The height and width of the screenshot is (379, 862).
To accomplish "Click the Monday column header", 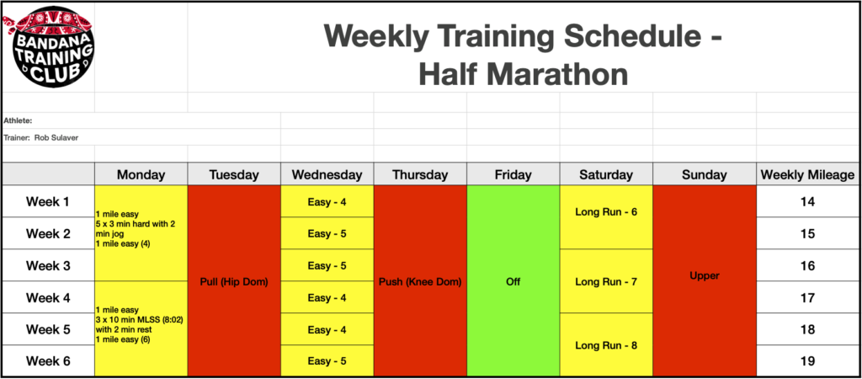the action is [x=141, y=175].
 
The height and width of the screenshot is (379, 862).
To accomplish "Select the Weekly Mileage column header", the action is [x=807, y=175].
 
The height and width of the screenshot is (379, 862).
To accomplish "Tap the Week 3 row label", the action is [x=48, y=265].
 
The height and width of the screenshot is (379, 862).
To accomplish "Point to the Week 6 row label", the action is [x=48, y=361].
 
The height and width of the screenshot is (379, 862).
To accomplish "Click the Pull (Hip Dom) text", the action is [x=234, y=282].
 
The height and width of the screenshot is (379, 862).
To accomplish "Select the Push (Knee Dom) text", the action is [x=420, y=282].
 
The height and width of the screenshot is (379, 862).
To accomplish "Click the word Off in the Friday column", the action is [x=513, y=282].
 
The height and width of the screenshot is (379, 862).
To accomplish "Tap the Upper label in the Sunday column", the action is [x=705, y=276].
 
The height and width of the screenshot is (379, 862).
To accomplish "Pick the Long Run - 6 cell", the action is [x=606, y=212].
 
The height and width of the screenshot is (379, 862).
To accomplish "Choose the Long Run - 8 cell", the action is [x=606, y=345].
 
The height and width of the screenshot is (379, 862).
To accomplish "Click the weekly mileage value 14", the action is [x=807, y=202].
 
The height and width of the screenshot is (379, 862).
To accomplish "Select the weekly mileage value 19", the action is [x=807, y=361].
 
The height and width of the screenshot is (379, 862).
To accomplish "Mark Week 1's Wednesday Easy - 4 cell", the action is [x=327, y=202].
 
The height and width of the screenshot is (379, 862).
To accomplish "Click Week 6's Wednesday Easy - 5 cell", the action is [x=327, y=361].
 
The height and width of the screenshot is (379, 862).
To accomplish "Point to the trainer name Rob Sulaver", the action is [x=56, y=138].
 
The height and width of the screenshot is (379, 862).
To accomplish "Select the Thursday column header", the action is [x=420, y=175].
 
